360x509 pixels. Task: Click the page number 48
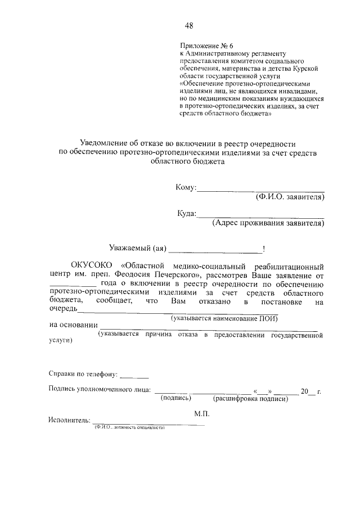point(189,25)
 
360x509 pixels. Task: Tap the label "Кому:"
point(185,188)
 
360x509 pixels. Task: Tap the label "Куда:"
point(186,214)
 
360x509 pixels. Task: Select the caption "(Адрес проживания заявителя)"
point(268,223)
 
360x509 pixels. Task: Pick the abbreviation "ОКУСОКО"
point(91,265)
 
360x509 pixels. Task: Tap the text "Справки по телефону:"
point(83,373)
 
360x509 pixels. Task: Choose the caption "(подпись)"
point(176,398)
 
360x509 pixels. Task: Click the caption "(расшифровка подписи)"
point(251,399)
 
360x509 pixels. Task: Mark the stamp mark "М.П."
point(201,412)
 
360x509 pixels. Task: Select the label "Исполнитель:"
point(69,420)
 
